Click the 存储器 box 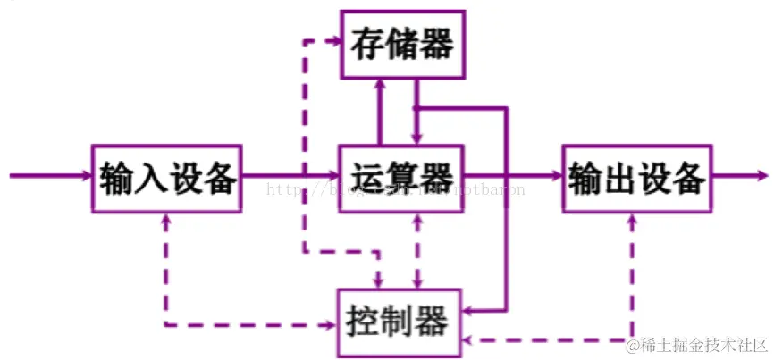click(402, 44)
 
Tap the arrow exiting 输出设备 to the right click(737, 177)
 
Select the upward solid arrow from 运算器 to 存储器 click(380, 112)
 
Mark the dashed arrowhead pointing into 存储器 click(332, 41)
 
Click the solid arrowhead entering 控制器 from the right click(471, 311)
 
